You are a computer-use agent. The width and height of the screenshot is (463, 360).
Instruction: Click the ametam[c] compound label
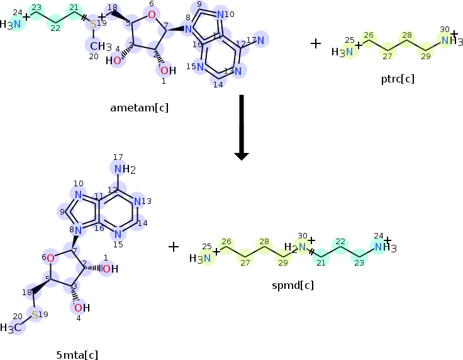(139, 108)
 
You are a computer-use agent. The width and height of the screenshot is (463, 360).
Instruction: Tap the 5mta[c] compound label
(77, 354)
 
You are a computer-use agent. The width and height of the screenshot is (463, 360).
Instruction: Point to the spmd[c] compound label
(293, 284)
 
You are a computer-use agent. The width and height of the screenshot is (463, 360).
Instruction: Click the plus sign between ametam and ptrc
(316, 43)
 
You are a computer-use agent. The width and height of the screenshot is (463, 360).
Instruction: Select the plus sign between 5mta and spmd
(174, 246)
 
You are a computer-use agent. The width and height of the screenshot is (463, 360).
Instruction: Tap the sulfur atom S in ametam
(93, 25)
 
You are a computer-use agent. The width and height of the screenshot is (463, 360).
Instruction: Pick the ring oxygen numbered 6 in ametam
(152, 14)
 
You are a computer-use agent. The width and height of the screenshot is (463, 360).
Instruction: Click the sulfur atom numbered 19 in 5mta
(35, 314)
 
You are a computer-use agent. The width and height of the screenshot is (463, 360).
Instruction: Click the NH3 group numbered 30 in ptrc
(448, 41)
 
